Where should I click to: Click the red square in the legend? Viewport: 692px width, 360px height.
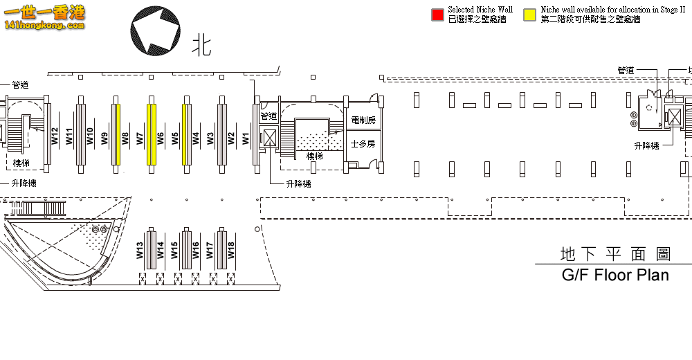(437, 15)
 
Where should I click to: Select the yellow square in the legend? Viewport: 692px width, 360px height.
(531, 15)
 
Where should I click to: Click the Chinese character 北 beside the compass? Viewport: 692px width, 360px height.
(201, 46)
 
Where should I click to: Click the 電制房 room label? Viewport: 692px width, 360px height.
(363, 120)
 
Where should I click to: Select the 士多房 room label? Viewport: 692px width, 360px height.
(363, 144)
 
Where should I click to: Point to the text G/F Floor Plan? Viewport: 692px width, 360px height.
(615, 275)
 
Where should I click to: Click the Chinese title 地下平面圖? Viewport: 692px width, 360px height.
(615, 254)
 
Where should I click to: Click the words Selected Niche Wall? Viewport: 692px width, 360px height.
(480, 10)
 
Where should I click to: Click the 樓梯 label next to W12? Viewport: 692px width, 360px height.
(21, 163)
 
